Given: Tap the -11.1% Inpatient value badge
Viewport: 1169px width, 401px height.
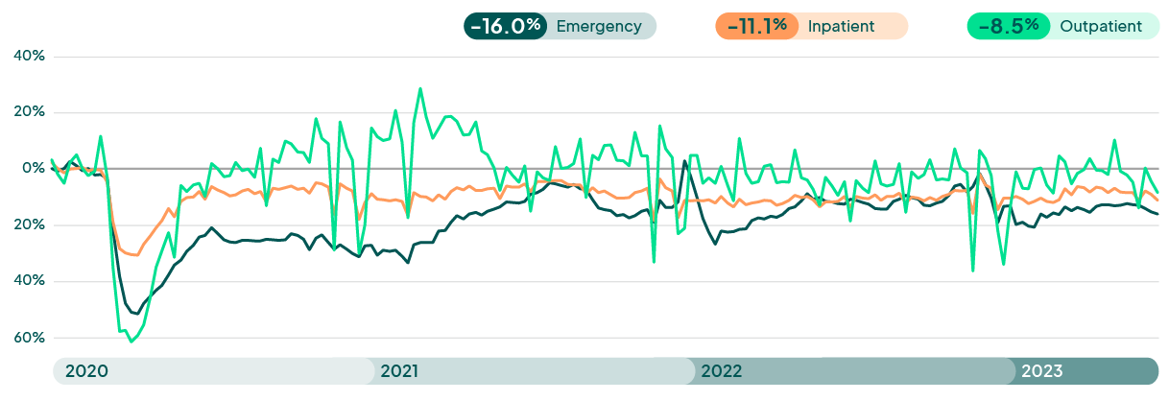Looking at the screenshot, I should point(756,26).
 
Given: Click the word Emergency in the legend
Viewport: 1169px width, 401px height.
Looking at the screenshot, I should point(598,26).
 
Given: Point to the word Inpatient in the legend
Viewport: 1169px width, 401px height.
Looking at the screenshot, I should point(841,26).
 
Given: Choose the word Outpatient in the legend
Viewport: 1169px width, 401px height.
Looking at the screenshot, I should point(1101,26).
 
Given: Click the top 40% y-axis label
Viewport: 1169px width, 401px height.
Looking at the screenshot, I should point(29,57).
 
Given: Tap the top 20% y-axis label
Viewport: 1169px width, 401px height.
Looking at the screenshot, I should point(29,112).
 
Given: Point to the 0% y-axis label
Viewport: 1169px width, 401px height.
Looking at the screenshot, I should point(34,169).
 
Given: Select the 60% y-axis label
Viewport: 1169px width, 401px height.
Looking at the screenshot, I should point(29,338).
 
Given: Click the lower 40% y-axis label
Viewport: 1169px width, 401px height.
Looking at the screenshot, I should point(29,281).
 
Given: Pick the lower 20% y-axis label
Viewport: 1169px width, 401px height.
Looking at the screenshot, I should point(29,225).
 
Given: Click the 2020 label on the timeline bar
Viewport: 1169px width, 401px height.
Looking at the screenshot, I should point(86,371).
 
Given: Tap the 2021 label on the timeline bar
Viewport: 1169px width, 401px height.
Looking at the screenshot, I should point(399,371).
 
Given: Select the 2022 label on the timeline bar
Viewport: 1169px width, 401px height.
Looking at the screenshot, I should point(721,371).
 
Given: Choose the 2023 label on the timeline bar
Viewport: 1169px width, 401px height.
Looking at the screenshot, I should point(1041,371).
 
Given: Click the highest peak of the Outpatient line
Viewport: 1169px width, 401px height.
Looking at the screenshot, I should point(420,88).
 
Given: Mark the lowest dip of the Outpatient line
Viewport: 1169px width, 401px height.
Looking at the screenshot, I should point(131,342).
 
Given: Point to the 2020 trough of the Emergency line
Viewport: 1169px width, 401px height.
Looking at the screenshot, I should point(135,314).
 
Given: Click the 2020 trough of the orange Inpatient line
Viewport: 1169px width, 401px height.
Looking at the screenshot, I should point(134,255).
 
